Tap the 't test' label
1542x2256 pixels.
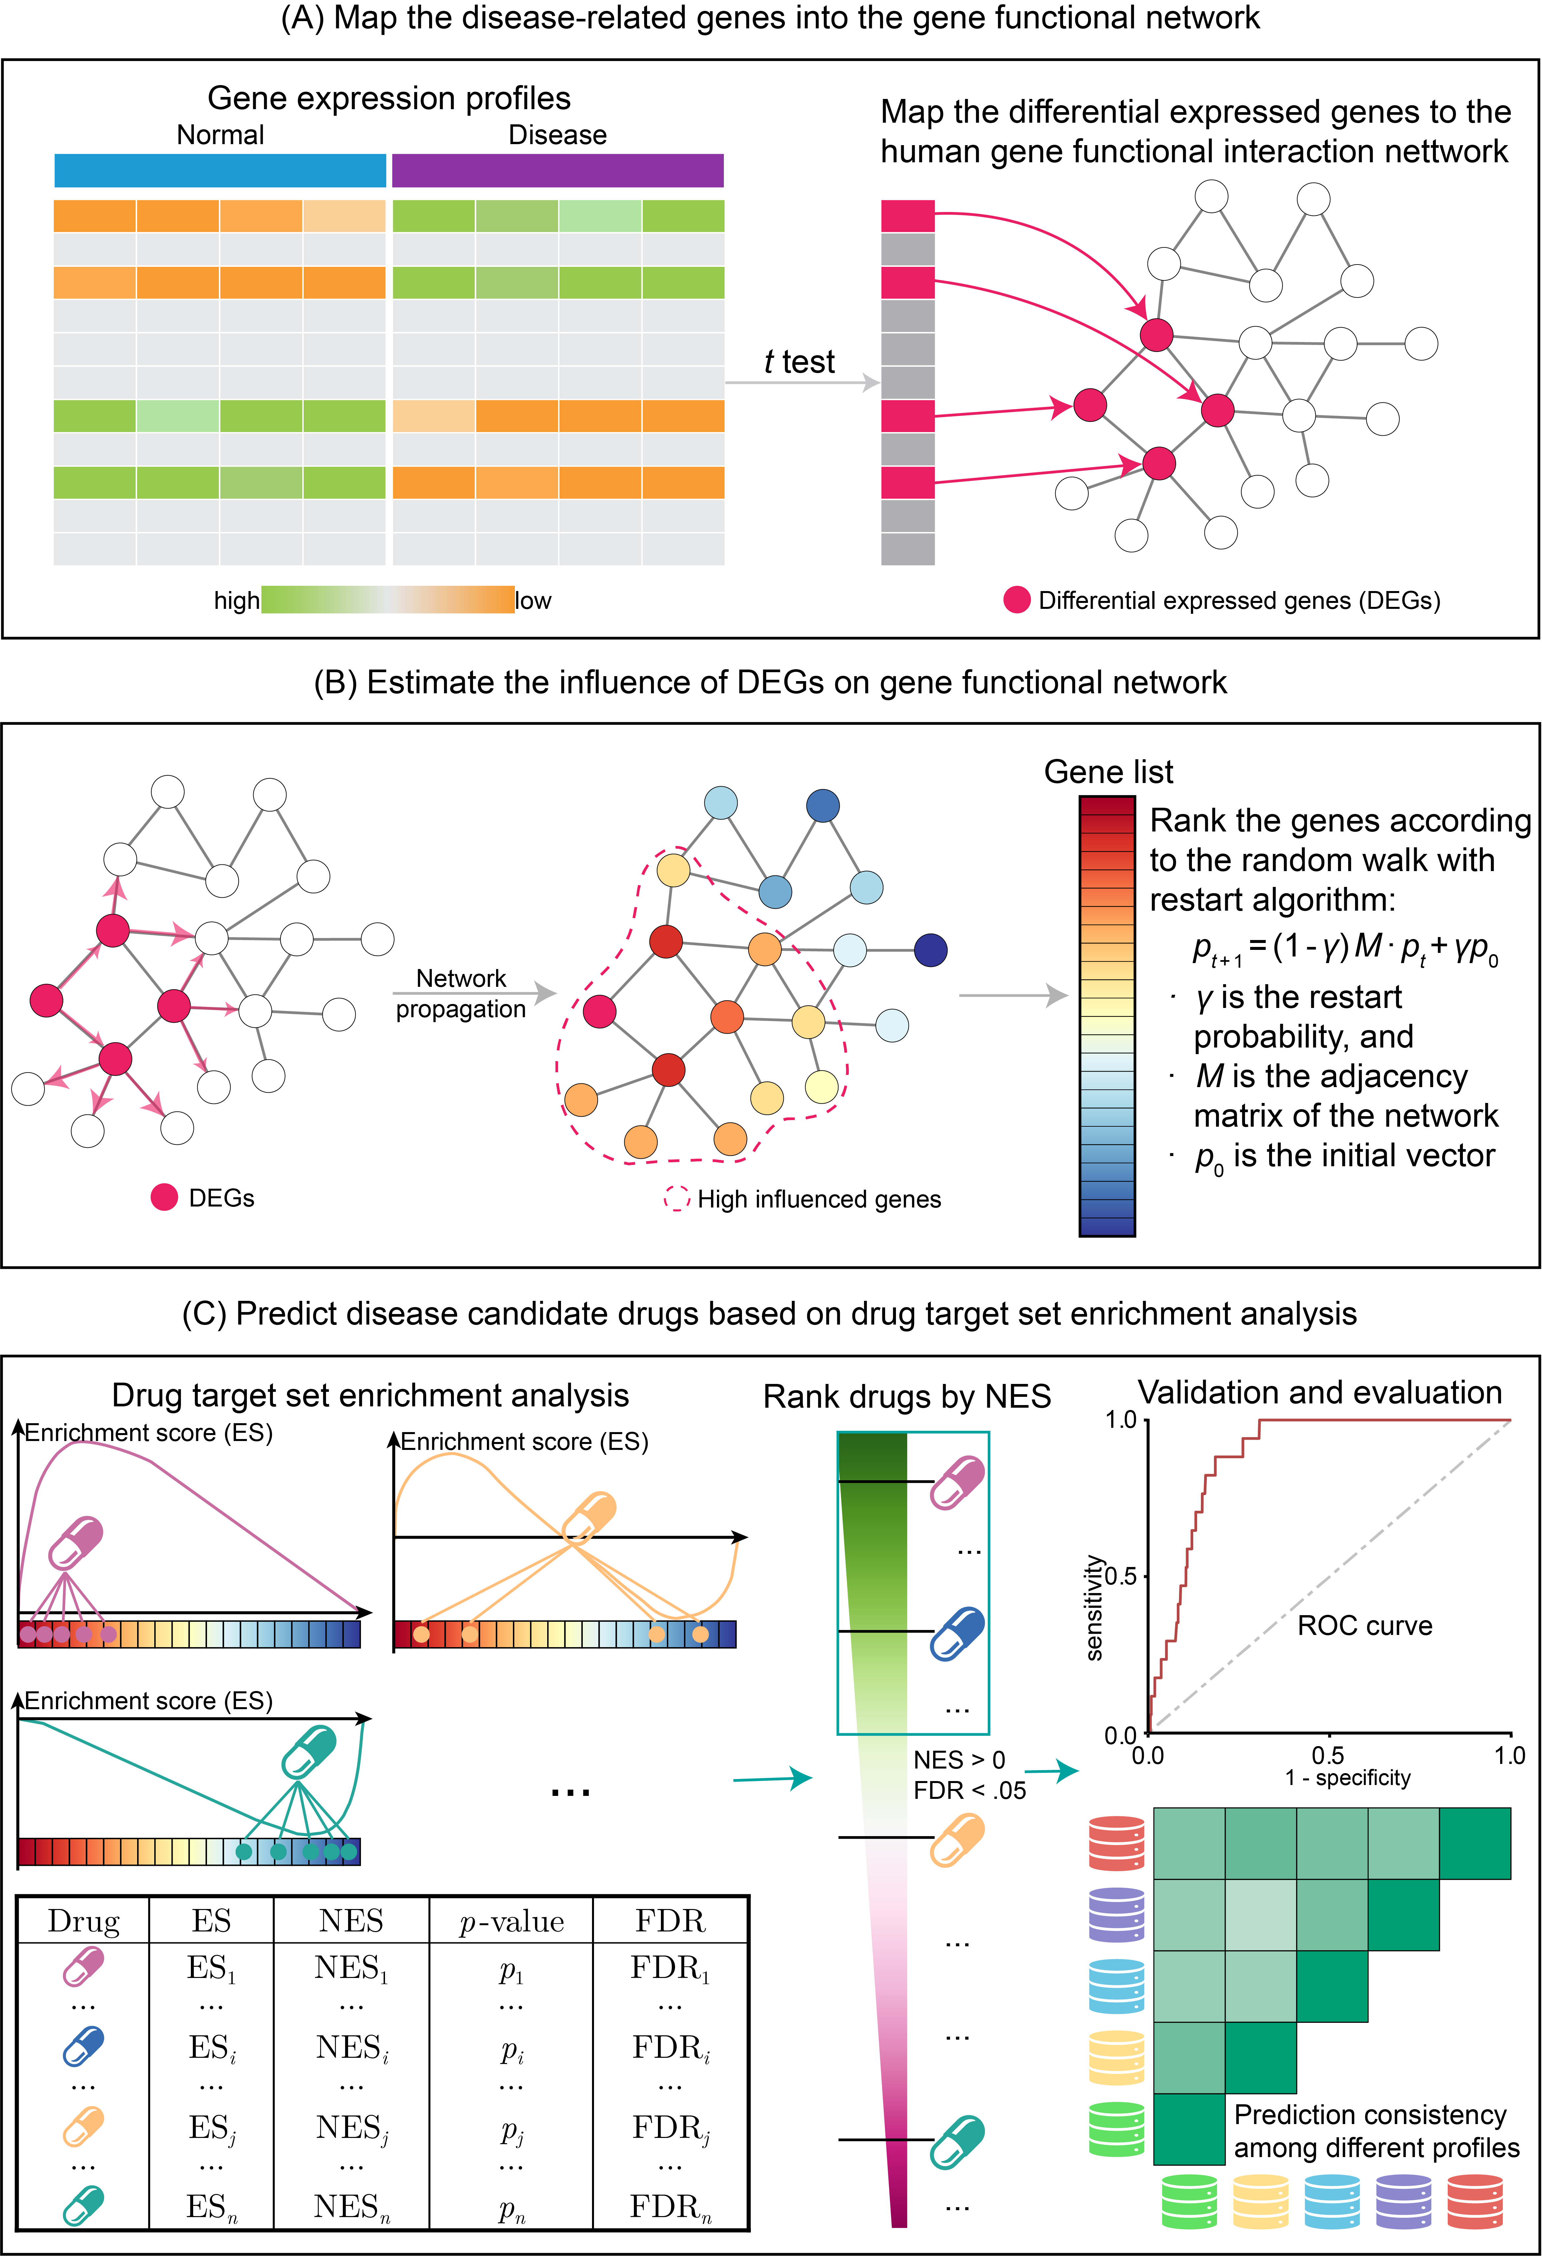(x=799, y=361)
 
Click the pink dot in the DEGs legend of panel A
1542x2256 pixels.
(x=1016, y=600)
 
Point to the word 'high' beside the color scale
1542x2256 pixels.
(x=237, y=601)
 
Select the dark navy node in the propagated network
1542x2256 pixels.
(x=931, y=950)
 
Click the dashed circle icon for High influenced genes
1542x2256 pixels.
(x=676, y=1199)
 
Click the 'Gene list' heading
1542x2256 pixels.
(x=1108, y=772)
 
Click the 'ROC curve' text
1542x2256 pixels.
(x=1364, y=1626)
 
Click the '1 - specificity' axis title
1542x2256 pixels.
(x=1348, y=1777)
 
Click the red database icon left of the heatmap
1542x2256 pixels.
(x=1117, y=1842)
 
